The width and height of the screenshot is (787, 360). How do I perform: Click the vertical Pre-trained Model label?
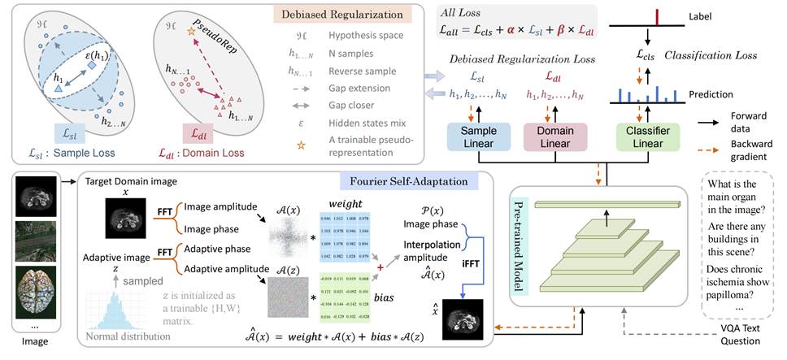pyautogui.click(x=520, y=245)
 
